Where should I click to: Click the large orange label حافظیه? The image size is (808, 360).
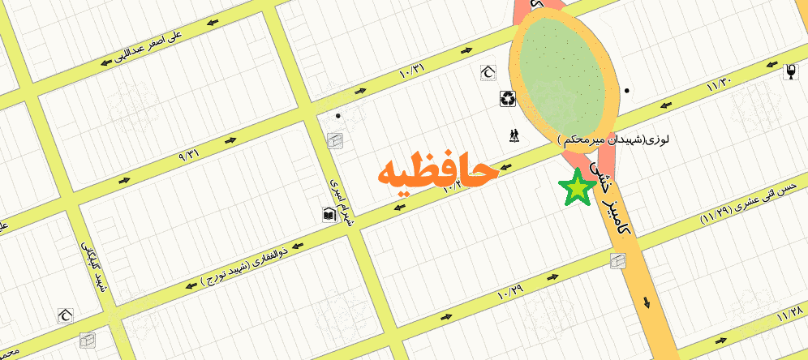click(x=436, y=173)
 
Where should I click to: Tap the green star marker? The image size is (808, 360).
click(x=577, y=188)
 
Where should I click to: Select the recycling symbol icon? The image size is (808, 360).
click(x=508, y=99)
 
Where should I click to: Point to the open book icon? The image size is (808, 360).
click(x=329, y=215)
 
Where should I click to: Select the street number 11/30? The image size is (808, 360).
click(x=719, y=83)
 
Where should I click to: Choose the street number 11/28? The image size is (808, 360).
click(x=788, y=312)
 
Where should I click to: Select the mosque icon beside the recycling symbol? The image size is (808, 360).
click(x=488, y=73)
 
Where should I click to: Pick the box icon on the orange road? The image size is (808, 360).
click(x=618, y=260)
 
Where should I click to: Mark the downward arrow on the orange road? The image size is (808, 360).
click(x=647, y=302)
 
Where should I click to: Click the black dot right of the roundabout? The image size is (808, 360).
click(x=627, y=90)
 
